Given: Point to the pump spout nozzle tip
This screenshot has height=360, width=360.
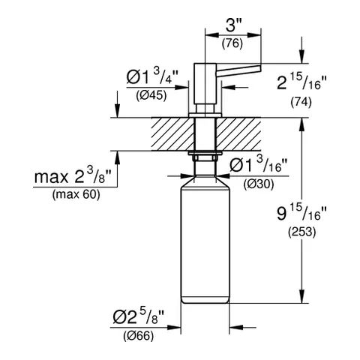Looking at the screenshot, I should point(257,69).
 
